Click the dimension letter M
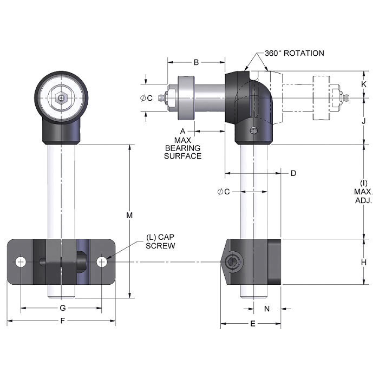[x=129, y=215]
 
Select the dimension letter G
[x=62, y=308]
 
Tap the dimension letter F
[x=62, y=321]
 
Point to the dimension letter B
[x=197, y=62]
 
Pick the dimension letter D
[x=293, y=173]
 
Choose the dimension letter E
[x=252, y=324]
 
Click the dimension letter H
[x=364, y=262]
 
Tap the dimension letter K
[x=364, y=84]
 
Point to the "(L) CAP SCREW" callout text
[x=161, y=241]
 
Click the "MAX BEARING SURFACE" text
[x=183, y=148]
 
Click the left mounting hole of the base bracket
[x=21, y=262]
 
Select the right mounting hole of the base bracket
[x=102, y=262]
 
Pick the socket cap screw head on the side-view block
[x=232, y=263]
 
